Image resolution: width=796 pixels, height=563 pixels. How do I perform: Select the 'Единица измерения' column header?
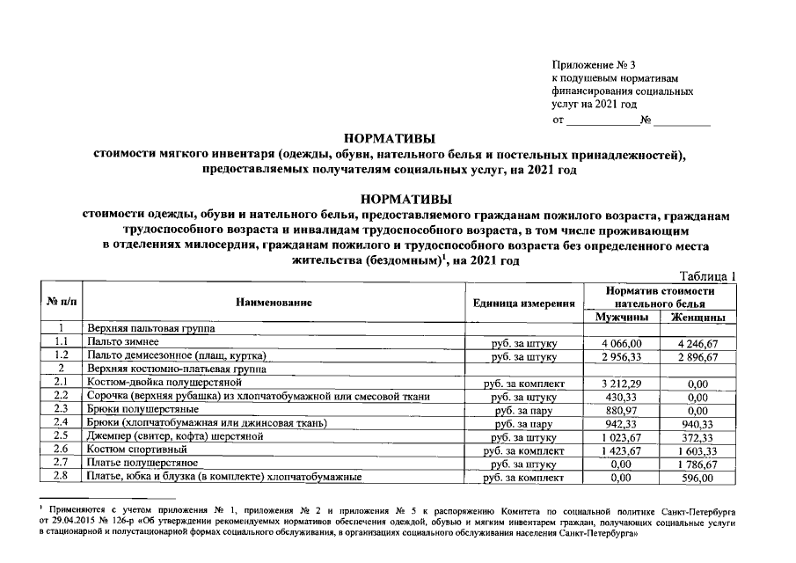pos(524,303)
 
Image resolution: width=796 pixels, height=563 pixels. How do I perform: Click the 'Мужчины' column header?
pos(622,317)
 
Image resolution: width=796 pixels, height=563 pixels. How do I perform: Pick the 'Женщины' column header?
pos(697,317)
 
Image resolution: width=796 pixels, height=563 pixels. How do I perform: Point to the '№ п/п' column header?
pos(60,303)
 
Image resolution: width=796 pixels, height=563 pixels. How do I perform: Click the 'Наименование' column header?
pos(274,303)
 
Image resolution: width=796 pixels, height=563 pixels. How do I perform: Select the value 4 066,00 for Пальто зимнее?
pos(623,342)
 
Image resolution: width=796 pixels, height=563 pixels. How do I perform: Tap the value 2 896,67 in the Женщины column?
pos(698,356)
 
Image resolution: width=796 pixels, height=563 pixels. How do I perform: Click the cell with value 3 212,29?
pos(623,384)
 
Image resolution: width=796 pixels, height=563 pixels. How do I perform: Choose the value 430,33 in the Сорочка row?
pos(623,397)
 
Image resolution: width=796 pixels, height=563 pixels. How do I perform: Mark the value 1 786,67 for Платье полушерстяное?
pos(698,463)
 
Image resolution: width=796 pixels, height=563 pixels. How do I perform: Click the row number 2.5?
pos(60,436)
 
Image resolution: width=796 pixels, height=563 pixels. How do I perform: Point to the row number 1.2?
pos(60,356)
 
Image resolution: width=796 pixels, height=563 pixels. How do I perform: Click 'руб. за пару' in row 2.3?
pos(524,410)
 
